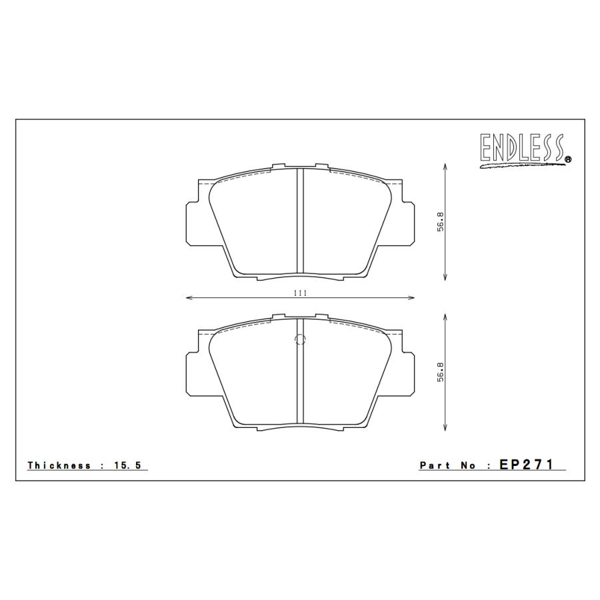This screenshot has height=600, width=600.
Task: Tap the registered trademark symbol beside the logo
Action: pyautogui.click(x=567, y=159)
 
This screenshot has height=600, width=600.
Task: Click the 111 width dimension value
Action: pyautogui.click(x=299, y=292)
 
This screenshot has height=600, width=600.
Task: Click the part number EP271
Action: pyautogui.click(x=526, y=465)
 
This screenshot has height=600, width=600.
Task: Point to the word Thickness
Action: pyautogui.click(x=59, y=465)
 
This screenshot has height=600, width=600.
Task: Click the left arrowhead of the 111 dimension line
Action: pyautogui.click(x=188, y=298)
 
